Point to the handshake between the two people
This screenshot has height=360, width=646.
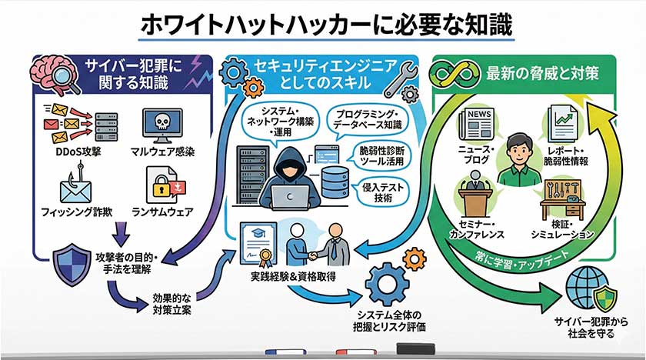[x=315, y=254]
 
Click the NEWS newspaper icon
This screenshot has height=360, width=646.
[x=475, y=124]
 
